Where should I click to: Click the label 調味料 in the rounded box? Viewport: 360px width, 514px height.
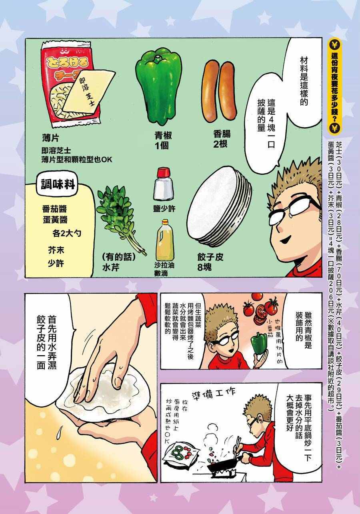tap(58, 184)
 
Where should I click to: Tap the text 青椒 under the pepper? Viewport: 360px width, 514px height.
tap(163, 136)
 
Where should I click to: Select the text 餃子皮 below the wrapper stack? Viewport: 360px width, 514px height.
tap(210, 257)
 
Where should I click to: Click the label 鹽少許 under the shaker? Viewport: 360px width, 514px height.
tap(164, 208)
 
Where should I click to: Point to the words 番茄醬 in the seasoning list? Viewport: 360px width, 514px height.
tap(55, 209)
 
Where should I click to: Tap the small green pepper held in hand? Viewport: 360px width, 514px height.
tap(259, 344)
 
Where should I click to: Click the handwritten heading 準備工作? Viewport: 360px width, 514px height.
tap(213, 394)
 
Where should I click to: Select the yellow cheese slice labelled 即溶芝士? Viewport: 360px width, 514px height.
tap(88, 91)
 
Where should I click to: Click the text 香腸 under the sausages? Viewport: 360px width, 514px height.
tap(222, 134)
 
